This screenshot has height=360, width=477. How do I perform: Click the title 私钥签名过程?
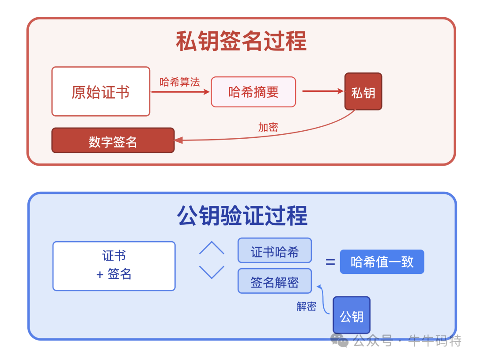point(241,42)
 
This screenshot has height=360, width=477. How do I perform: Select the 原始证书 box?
point(101,91)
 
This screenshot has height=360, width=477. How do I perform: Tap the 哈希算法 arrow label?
point(180,82)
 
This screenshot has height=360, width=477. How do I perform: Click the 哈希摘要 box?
point(253,92)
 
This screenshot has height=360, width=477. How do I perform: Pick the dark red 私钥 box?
point(363,91)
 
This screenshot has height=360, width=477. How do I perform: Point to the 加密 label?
point(268,127)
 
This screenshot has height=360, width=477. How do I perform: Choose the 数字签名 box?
point(113,140)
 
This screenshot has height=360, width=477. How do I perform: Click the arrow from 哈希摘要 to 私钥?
point(322,91)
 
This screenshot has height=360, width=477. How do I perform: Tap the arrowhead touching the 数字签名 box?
point(178,140)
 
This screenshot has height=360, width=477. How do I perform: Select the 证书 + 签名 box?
point(114,265)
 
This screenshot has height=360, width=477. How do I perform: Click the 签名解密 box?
point(275,281)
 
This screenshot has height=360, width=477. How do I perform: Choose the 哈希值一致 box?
point(382,262)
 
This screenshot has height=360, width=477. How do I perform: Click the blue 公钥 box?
point(352,315)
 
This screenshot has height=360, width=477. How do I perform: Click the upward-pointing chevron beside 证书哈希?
point(212,248)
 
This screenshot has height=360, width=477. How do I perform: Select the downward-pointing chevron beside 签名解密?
point(212,272)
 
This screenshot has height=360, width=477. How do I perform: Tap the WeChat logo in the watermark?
point(340,340)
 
